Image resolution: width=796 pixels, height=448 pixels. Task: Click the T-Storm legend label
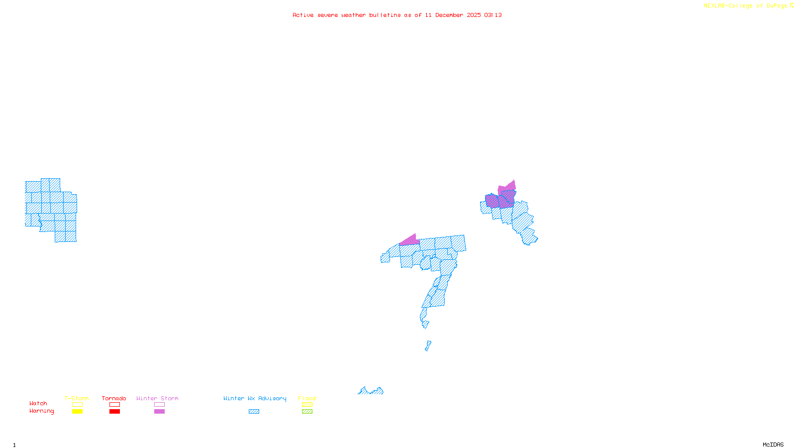point(77,398)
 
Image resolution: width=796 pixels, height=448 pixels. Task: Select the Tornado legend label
point(114,398)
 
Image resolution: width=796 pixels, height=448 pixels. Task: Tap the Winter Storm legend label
point(157,398)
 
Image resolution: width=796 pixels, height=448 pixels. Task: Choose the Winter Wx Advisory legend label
point(255,398)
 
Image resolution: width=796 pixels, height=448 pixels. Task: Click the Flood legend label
point(307,398)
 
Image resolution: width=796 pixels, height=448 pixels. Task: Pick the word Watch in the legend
point(38,404)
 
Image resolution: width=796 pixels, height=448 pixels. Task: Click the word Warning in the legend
point(42,411)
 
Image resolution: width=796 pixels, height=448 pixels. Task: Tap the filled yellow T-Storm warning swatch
point(77,412)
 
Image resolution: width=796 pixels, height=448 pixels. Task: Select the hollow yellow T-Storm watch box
point(77,405)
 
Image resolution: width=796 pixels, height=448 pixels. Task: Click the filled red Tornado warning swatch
point(115,412)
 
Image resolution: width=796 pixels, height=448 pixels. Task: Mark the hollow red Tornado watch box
point(115,405)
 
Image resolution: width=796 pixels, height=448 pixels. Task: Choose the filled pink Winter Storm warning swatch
point(159,412)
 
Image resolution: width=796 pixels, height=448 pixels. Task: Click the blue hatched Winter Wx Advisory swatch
point(254,412)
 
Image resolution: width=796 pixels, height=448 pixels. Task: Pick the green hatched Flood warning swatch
point(307,412)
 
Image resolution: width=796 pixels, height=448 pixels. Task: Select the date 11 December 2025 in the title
point(453,15)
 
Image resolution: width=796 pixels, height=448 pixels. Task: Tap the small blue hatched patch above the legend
point(371,391)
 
